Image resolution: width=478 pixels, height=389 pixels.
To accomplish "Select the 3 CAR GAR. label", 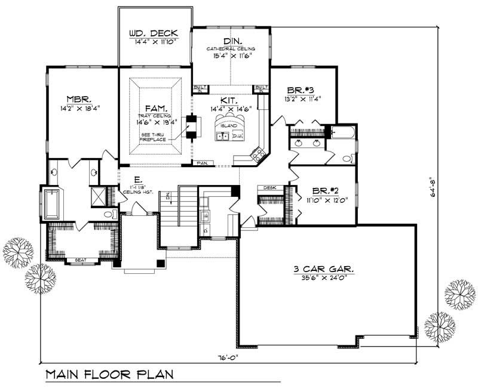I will coord(326,269).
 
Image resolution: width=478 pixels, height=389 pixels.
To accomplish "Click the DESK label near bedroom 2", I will coord(269,187).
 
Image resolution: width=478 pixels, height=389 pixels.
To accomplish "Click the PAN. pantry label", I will coord(203,162).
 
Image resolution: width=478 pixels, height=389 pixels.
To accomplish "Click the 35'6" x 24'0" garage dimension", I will coord(326,278).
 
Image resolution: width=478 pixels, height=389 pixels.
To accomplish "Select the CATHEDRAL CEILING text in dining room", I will coord(231,48).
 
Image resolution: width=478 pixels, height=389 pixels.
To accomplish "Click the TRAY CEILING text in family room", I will coord(154,115).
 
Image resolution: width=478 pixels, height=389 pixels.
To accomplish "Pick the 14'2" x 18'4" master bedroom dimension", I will coord(79,109).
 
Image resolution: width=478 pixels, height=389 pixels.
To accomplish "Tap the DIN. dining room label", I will coord(231,40).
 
